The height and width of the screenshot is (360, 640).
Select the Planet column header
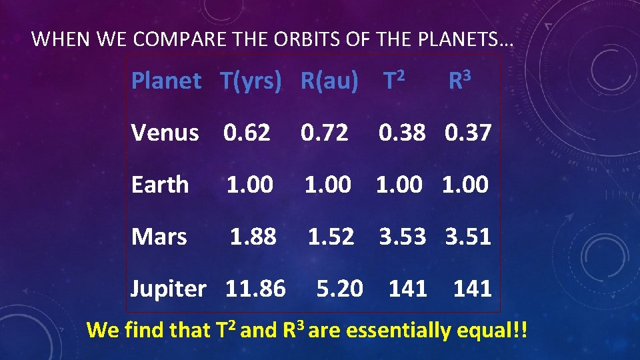pyautogui.click(x=166, y=81)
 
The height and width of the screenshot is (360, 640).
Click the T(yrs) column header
pyautogui.click(x=251, y=81)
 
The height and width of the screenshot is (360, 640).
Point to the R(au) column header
pyautogui.click(x=329, y=81)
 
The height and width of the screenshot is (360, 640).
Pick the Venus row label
pyautogui.click(x=165, y=133)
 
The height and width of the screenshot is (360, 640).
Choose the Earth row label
pyautogui.click(x=160, y=185)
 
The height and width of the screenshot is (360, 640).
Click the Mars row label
pyautogui.click(x=159, y=236)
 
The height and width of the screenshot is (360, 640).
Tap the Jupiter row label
pyautogui.click(x=169, y=289)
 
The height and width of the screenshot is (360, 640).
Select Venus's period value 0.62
pyautogui.click(x=247, y=133)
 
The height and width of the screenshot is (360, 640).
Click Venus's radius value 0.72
pyautogui.click(x=325, y=133)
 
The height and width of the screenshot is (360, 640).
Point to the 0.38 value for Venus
pyautogui.click(x=402, y=133)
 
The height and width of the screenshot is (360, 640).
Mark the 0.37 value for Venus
pyautogui.click(x=468, y=133)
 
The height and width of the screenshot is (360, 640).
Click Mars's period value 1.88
pyautogui.click(x=253, y=236)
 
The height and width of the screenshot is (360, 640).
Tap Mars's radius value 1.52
pyautogui.click(x=331, y=236)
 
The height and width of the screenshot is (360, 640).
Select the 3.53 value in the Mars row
pyautogui.click(x=403, y=236)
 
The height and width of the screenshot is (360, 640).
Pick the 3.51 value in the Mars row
pyautogui.click(x=468, y=236)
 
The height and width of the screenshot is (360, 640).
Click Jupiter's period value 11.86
pyautogui.click(x=255, y=289)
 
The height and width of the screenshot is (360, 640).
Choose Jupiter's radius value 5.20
pyautogui.click(x=340, y=289)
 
